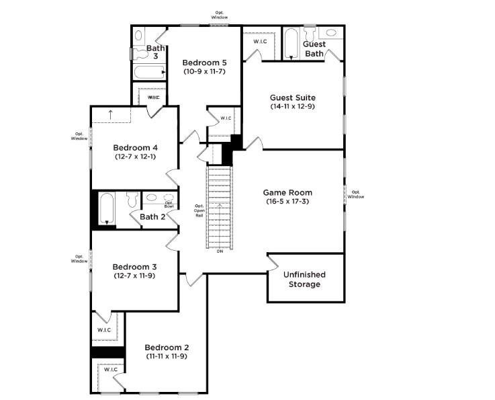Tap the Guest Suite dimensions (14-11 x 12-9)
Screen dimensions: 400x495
[293, 106]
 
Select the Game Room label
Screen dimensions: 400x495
[287, 192]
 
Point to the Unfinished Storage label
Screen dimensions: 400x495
[304, 280]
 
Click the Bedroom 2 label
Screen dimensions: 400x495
[167, 347]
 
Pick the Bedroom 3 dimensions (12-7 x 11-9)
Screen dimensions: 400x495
[134, 275]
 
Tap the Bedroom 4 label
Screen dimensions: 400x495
[135, 148]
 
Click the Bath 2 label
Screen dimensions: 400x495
[152, 216]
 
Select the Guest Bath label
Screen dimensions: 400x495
[315, 49]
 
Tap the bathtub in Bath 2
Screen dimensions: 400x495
[106, 208]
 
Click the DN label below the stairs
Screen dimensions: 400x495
[220, 251]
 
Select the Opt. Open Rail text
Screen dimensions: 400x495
[199, 210]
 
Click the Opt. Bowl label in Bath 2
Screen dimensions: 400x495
[169, 204]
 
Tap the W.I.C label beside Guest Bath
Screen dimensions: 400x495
[261, 42]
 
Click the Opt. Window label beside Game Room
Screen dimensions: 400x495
[356, 194]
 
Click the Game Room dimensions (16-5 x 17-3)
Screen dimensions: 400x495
[287, 201]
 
